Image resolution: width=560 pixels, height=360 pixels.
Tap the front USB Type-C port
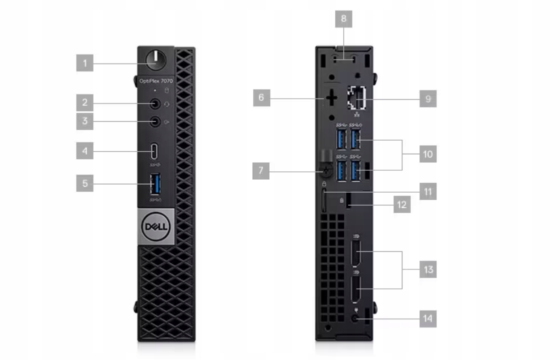pyautogui.click(x=155, y=150)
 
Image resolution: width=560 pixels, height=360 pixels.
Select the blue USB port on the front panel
pyautogui.click(x=155, y=184)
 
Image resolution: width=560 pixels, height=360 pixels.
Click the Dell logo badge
pyautogui.click(x=155, y=227)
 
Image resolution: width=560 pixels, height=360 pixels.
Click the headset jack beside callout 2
pyautogui.click(x=156, y=103)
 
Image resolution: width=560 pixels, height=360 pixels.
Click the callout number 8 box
pyautogui.click(x=343, y=20)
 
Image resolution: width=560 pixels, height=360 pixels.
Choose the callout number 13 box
pyautogui.click(x=428, y=269)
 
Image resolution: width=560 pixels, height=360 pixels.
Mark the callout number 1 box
pyautogui.click(x=85, y=63)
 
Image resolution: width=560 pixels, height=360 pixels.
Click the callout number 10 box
pyautogui.click(x=427, y=154)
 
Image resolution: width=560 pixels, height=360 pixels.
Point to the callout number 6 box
pyautogui.click(x=261, y=98)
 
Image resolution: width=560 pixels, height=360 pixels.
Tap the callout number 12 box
pyautogui.click(x=402, y=204)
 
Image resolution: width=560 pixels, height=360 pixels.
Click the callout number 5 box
pyautogui.click(x=85, y=184)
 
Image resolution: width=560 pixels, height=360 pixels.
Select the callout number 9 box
pyautogui.click(x=427, y=99)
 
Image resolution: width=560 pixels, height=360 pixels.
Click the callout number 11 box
pyautogui.click(x=427, y=191)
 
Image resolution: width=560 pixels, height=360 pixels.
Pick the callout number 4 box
pyautogui.click(x=85, y=151)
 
